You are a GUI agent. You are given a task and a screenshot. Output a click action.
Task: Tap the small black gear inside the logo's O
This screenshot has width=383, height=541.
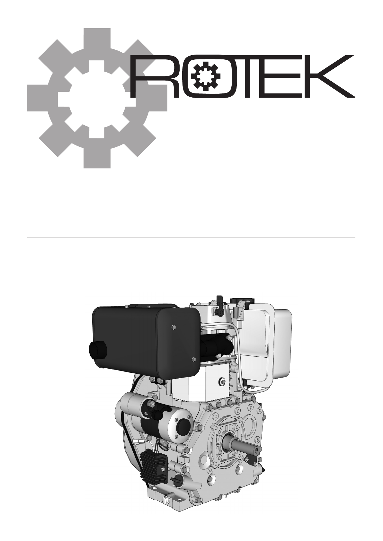206,76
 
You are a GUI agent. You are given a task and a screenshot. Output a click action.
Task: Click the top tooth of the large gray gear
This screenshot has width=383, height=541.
97,39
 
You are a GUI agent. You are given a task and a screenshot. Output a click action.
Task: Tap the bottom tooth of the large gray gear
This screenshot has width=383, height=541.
97,157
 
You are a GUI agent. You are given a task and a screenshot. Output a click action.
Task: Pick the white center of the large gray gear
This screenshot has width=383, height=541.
97,99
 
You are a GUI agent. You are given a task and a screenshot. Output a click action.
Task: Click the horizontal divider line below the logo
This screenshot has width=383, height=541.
191,238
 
